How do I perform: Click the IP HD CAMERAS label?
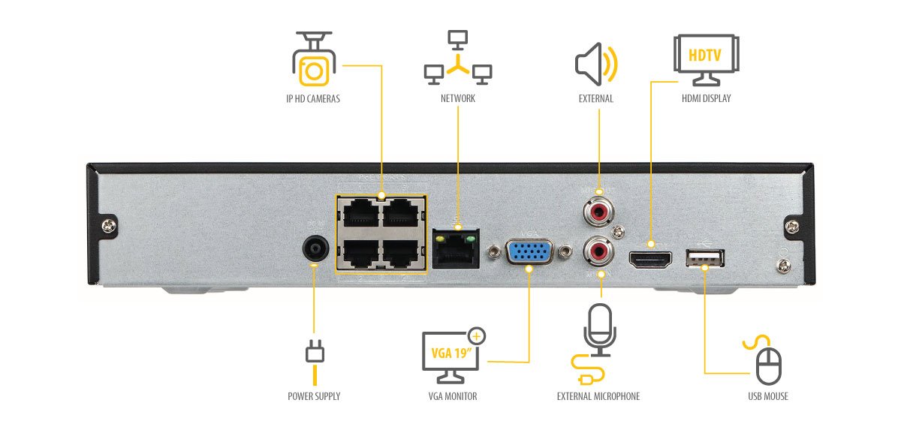coord(312,98)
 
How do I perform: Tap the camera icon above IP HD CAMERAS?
coord(313,59)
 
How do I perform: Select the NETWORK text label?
coord(457,98)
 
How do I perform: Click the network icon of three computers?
coord(457,58)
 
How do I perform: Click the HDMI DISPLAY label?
coord(706,98)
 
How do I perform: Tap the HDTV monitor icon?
coord(705,59)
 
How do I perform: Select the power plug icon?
coord(315,356)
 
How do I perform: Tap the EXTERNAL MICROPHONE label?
coord(598,396)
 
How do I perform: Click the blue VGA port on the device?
coord(529,253)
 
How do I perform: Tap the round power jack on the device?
coord(315,248)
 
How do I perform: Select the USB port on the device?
coord(704,258)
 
